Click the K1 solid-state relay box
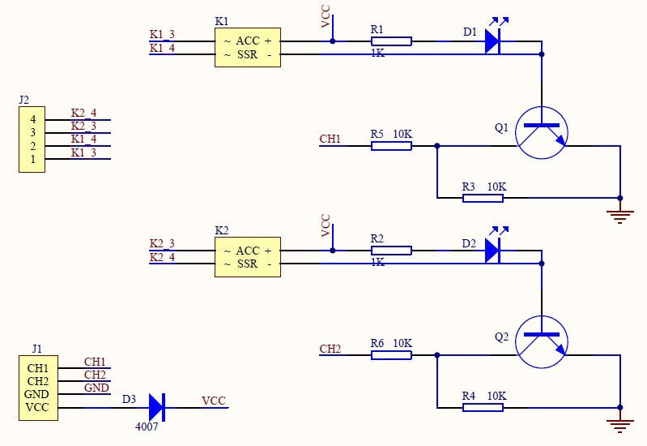click(x=247, y=48)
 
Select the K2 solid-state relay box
click(x=247, y=257)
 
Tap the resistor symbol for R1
click(x=391, y=41)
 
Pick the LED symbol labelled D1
click(x=492, y=41)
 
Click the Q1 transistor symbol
click(x=542, y=132)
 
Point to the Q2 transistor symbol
click(x=542, y=341)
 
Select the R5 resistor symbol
click(x=391, y=146)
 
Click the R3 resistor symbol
click(x=483, y=198)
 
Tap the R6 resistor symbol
click(x=391, y=355)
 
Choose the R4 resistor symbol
click(x=483, y=407)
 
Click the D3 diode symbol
click(x=156, y=406)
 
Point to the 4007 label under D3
click(x=147, y=426)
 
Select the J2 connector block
click(x=32, y=139)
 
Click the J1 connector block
click(x=38, y=387)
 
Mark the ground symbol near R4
click(x=620, y=422)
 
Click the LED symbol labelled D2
click(x=492, y=250)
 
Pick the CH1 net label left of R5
click(x=330, y=139)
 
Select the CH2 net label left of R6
click(x=330, y=350)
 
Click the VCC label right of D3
click(x=214, y=401)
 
